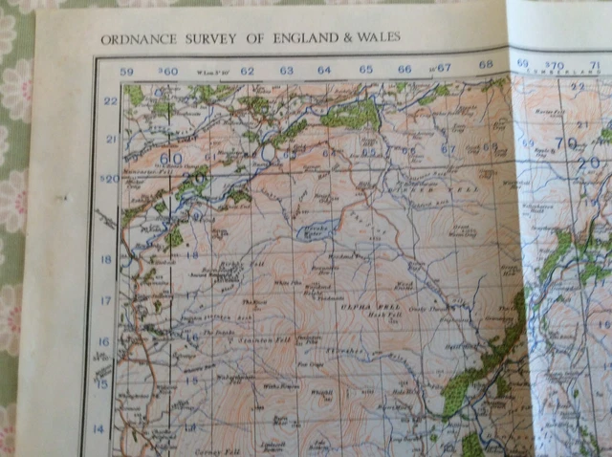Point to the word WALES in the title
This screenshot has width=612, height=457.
380,37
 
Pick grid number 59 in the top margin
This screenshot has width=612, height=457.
126,71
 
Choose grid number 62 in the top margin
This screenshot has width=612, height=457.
247,70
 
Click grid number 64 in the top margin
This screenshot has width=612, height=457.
324,69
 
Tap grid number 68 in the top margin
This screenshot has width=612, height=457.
486,66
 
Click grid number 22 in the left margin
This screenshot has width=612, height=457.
110,101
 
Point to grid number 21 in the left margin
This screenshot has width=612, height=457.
110,140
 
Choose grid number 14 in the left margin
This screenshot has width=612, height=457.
96,428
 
